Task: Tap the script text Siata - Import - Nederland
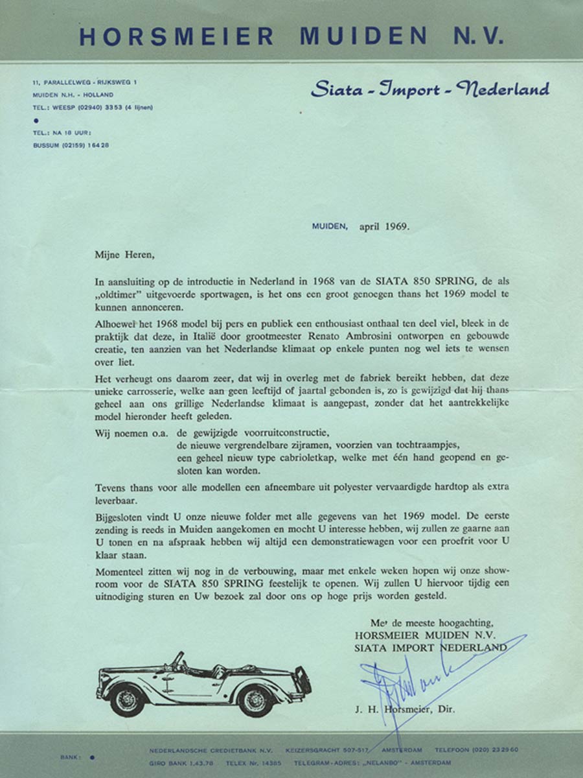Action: click(430, 89)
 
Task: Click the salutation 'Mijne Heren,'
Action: click(124, 254)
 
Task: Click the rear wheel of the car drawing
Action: click(255, 700)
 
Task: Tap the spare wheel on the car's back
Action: click(301, 680)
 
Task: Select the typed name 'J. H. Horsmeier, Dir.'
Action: click(404, 709)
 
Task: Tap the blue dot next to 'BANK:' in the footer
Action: click(92, 756)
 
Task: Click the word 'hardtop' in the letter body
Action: click(426, 488)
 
